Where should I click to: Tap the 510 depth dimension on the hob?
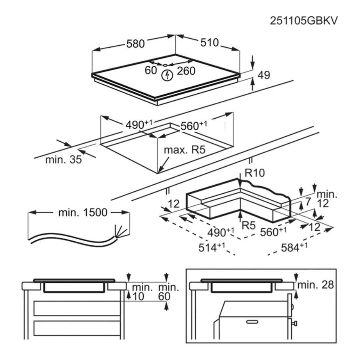210,43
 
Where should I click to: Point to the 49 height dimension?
264,75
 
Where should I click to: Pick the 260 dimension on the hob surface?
186,71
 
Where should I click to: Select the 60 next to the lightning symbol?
151,71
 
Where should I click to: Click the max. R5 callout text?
184,150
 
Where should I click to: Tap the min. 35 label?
64,160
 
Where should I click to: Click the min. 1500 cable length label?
82,213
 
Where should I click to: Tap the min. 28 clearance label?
315,285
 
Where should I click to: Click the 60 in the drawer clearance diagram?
164,297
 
